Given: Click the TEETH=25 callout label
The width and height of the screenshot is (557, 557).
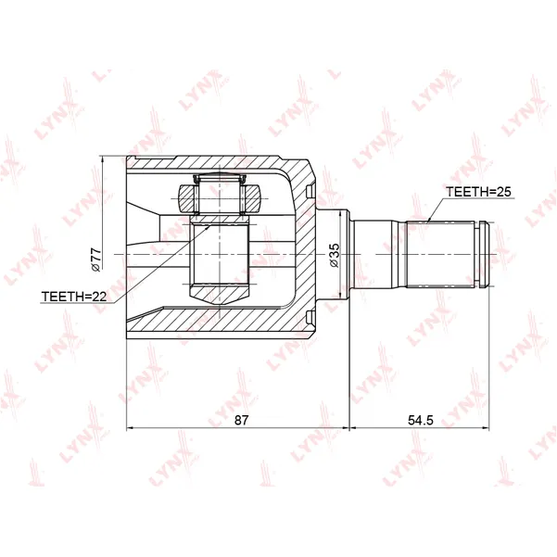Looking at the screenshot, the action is click(x=478, y=192).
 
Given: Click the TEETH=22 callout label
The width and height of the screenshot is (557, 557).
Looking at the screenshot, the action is click(x=74, y=297).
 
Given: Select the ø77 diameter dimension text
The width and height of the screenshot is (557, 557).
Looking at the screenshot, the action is click(x=95, y=260).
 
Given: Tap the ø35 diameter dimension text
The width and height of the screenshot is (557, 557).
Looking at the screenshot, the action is click(x=334, y=255).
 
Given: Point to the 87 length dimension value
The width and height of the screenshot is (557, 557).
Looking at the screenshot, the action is click(x=241, y=420).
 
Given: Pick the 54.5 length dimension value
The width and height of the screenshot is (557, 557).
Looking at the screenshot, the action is click(x=421, y=420).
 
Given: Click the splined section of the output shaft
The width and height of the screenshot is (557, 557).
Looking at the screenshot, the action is click(x=440, y=254).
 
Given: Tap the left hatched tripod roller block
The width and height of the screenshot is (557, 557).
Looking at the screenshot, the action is click(x=187, y=199).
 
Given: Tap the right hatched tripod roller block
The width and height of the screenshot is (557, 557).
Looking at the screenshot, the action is click(x=253, y=199).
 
